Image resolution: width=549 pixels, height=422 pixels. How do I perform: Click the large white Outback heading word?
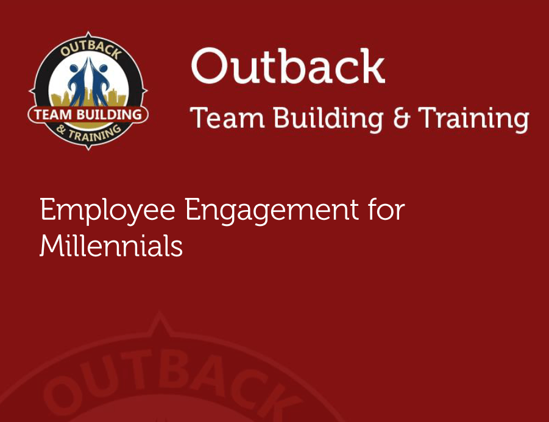coord(288,66)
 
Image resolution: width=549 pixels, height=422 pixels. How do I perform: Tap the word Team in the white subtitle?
coord(227,118)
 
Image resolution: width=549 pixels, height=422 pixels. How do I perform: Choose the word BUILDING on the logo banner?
coord(109,114)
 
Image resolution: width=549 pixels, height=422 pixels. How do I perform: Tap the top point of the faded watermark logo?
coord(160,313)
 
